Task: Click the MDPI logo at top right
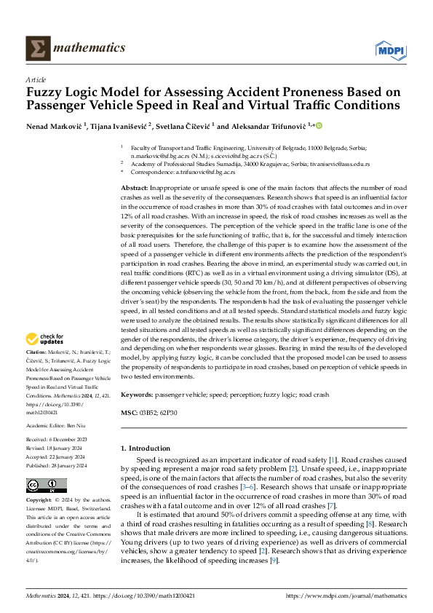coord(391,50)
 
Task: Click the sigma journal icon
coord(35,49)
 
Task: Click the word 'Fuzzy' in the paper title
coord(45,92)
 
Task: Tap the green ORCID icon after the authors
coord(319,125)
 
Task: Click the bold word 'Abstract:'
coord(136,189)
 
